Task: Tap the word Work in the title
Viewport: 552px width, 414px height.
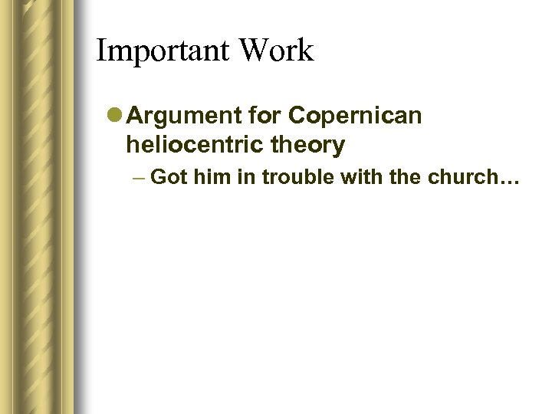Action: [x=276, y=51]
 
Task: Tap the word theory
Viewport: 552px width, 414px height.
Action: [x=311, y=144]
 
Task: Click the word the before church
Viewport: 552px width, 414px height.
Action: [x=391, y=177]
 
